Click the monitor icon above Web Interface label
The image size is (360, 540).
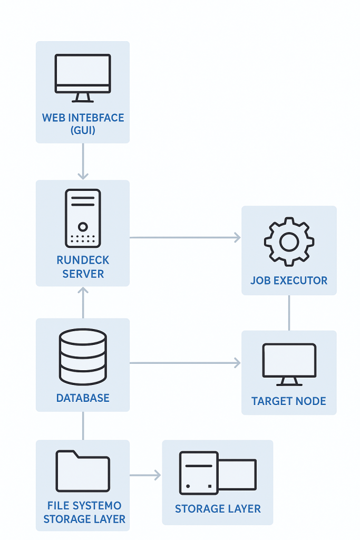[x=83, y=78]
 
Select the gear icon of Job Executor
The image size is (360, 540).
[x=289, y=242]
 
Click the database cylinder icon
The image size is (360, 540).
[x=83, y=357]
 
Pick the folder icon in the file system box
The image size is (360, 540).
[x=83, y=471]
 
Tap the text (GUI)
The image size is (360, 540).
[x=83, y=130]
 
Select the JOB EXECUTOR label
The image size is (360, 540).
[x=289, y=281]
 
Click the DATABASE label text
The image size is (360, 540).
[x=83, y=398]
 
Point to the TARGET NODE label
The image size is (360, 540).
[x=289, y=401]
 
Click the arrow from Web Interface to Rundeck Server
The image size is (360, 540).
[x=83, y=161]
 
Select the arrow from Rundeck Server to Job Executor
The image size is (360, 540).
[x=184, y=238]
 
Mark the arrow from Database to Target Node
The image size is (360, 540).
[x=184, y=363]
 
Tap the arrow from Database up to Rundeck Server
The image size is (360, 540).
[x=83, y=303]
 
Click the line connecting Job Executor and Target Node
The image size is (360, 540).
[x=289, y=313]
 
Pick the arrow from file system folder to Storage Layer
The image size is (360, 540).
[x=145, y=476]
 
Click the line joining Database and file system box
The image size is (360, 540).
[x=83, y=426]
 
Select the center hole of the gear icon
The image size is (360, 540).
[x=289, y=242]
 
